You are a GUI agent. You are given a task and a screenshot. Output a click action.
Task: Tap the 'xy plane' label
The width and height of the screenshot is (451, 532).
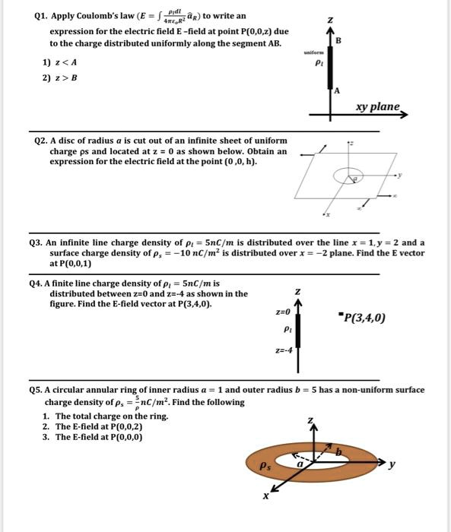[378, 107]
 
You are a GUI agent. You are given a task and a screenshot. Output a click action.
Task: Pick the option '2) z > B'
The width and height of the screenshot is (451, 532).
[59, 78]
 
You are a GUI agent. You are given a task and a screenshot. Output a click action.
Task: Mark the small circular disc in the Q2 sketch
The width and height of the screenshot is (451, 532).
[354, 176]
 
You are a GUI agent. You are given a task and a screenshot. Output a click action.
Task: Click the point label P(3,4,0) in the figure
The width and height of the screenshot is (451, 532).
[365, 318]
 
